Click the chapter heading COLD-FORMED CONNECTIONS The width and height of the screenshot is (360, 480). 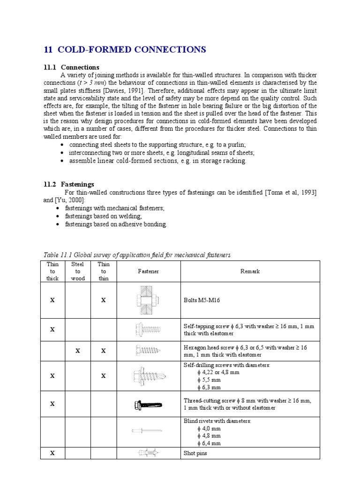click(x=125, y=50)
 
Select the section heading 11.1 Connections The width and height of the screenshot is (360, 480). click(x=71, y=67)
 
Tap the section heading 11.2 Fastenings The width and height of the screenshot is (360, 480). click(x=69, y=184)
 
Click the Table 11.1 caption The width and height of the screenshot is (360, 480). click(x=137, y=255)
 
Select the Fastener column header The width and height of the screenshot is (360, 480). click(x=148, y=271)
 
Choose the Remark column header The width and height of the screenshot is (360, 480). click(x=250, y=271)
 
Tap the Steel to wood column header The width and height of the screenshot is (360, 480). click(x=78, y=271)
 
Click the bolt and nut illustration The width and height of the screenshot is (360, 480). click(x=148, y=300)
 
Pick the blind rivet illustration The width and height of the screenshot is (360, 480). click(x=147, y=430)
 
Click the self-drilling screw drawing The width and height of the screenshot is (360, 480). click(x=148, y=375)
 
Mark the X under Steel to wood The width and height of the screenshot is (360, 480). click(x=78, y=351)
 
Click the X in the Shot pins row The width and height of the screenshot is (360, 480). click(x=52, y=453)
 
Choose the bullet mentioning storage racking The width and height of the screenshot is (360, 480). click(x=157, y=161)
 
